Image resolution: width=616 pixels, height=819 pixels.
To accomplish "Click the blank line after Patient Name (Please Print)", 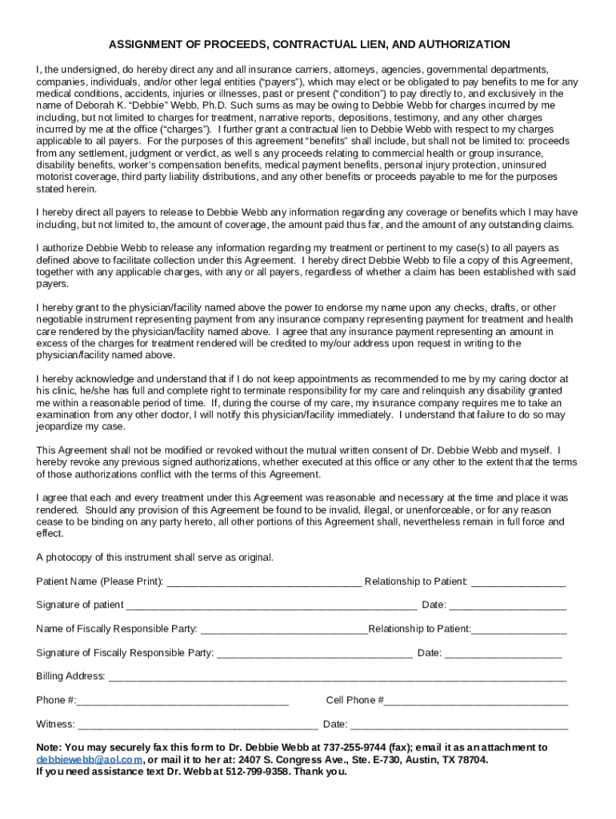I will click(x=263, y=581).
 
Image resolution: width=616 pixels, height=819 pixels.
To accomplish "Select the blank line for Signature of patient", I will click(x=271, y=605).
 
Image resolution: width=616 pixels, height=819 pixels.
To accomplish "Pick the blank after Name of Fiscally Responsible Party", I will click(x=283, y=629).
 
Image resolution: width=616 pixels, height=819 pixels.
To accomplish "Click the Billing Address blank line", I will click(x=337, y=677).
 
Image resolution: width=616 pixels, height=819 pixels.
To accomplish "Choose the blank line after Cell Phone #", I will click(x=476, y=701).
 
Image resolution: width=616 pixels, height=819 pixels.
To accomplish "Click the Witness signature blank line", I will click(x=198, y=725).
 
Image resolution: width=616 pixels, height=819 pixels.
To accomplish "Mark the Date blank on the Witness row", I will click(x=459, y=725).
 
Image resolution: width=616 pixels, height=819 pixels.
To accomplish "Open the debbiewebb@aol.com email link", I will click(x=90, y=760).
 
